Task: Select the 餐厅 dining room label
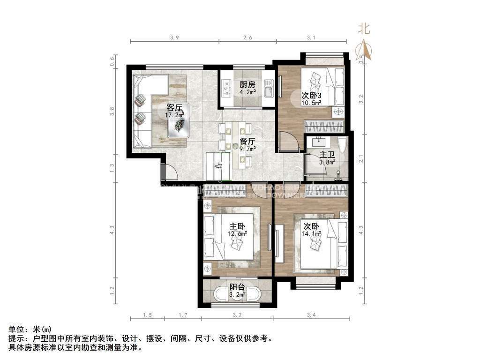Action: point(247,141)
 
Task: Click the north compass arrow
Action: point(365,50)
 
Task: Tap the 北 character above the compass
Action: point(364,29)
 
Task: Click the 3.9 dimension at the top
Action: point(175,37)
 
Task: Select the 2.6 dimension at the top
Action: point(247,37)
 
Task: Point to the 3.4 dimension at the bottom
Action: point(311,315)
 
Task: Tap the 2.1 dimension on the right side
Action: point(361,159)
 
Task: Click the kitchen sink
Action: point(268,87)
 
